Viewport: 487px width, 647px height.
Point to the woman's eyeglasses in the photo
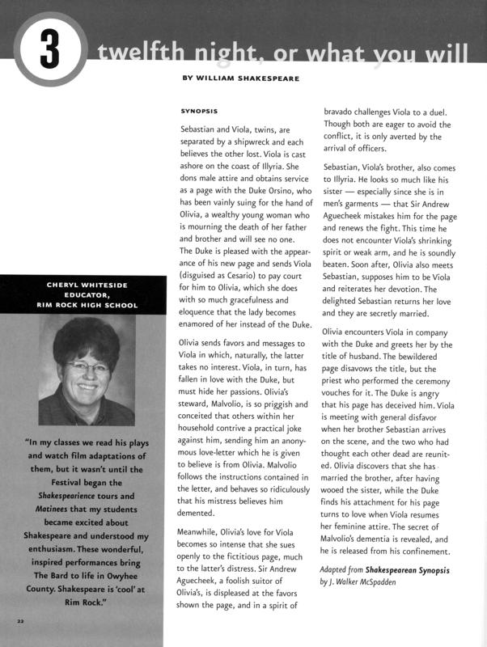click(x=88, y=366)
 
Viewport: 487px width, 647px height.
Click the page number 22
click(x=21, y=620)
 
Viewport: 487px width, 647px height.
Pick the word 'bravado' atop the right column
click(x=341, y=111)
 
